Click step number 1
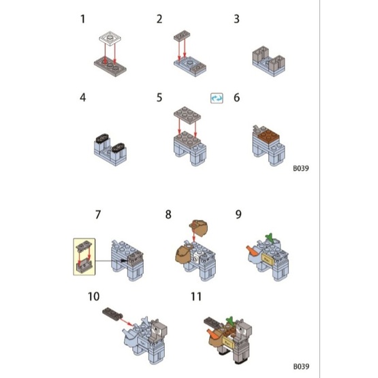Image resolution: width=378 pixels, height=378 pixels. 82,19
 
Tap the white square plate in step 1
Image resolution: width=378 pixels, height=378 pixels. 110,38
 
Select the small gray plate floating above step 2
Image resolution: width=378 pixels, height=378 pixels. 182,35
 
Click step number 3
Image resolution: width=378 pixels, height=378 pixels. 237,19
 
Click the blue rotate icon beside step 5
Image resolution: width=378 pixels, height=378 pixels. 217,98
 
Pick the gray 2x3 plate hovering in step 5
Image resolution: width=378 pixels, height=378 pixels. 187,115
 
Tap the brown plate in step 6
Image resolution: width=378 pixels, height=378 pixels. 269,136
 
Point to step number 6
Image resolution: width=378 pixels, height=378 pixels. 237,97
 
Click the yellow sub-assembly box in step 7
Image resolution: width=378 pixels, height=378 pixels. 84,257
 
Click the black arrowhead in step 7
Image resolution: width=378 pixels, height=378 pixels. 123,261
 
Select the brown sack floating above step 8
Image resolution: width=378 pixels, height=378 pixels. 198,227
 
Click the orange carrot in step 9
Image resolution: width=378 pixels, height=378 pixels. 253,250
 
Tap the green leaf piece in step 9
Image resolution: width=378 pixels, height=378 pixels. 270,237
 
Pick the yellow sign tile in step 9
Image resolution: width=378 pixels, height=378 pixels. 268,259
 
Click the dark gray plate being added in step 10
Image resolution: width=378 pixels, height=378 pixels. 112,313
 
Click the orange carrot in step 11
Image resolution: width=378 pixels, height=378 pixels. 213,334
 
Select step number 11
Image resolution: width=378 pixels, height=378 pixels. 196,296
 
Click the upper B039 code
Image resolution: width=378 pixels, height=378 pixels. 301,168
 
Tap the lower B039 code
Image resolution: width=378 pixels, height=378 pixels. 301,366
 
